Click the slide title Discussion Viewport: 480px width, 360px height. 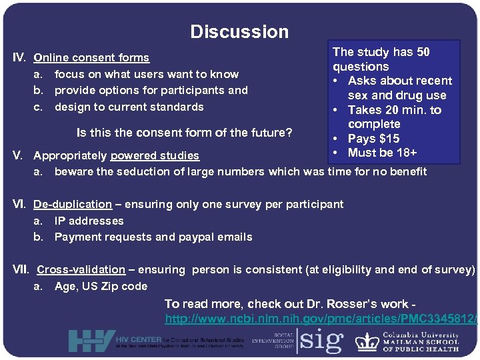(239, 31)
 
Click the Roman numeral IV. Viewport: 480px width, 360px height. (21, 58)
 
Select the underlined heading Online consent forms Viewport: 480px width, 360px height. (91, 58)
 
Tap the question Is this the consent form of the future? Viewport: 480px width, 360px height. (184, 132)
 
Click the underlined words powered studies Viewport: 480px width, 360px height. (155, 155)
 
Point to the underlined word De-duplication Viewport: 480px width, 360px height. (73, 204)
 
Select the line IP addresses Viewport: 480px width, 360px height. (89, 221)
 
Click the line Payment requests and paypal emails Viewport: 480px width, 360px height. (153, 237)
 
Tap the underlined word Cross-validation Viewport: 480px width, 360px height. (81, 269)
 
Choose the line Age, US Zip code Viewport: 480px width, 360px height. (101, 286)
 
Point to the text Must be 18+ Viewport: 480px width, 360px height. (382, 153)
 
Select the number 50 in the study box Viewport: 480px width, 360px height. (423, 52)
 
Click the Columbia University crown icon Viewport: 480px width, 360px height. (367, 341)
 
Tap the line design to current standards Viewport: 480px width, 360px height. (129, 107)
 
